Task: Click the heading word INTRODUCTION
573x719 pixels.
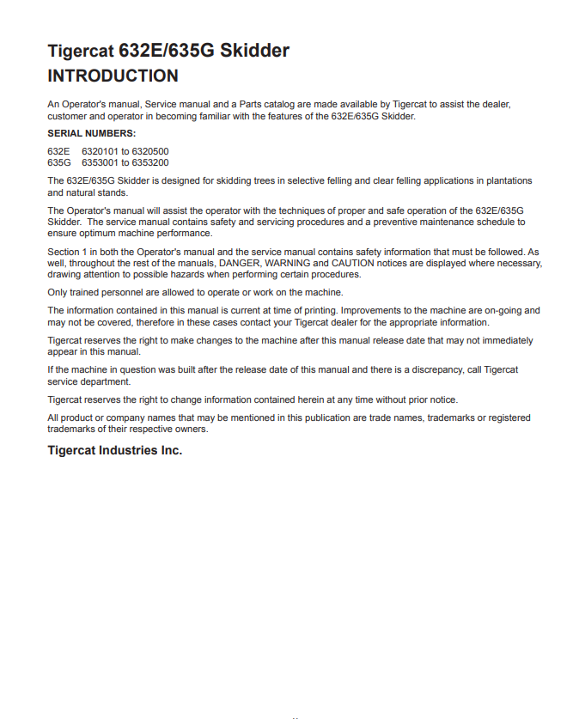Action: point(113,76)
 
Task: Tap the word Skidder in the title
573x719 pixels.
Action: point(254,51)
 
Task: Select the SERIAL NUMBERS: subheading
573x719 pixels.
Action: point(91,133)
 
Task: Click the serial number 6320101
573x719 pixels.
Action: point(100,151)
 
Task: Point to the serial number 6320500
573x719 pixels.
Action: point(151,151)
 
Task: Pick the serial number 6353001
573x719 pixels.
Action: point(100,161)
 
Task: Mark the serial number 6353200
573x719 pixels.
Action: point(151,161)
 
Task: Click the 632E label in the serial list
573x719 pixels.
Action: point(58,151)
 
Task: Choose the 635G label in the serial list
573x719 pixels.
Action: point(59,161)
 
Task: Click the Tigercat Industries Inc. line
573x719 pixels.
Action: point(114,450)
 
